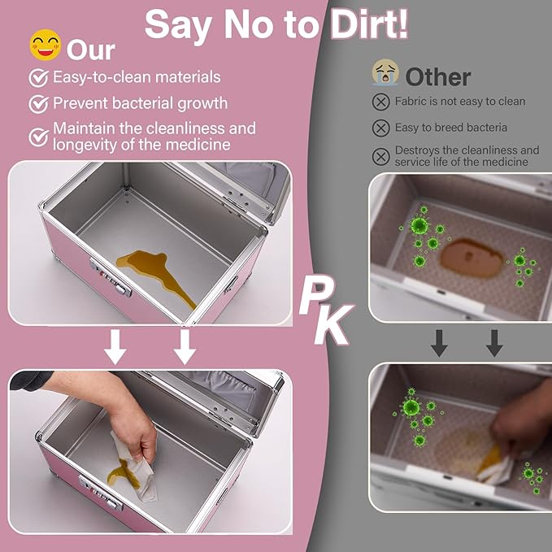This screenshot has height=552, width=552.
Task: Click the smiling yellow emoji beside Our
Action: pyautogui.click(x=46, y=45)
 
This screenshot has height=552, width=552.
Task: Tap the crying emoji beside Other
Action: pyautogui.click(x=385, y=72)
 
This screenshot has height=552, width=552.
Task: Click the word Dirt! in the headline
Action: pyautogui.click(x=369, y=24)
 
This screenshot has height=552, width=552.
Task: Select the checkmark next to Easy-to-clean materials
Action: pyautogui.click(x=39, y=77)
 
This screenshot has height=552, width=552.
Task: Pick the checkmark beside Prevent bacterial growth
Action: pyautogui.click(x=39, y=103)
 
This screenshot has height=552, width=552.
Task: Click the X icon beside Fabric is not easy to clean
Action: pyautogui.click(x=381, y=102)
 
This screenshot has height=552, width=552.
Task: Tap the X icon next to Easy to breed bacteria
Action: pyautogui.click(x=381, y=128)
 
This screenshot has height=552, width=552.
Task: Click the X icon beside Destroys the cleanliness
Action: pyautogui.click(x=381, y=157)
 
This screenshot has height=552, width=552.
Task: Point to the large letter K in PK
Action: pyautogui.click(x=333, y=324)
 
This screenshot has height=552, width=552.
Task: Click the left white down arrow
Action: pyautogui.click(x=115, y=347)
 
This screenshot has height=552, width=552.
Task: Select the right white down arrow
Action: pyautogui.click(x=185, y=347)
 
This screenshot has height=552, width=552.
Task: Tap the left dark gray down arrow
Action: pyautogui.click(x=439, y=343)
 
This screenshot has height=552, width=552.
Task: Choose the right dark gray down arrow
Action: pyautogui.click(x=494, y=343)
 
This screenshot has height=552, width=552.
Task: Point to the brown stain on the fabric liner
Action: pyautogui.click(x=472, y=258)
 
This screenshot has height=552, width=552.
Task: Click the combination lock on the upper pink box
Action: pyautogui.click(x=111, y=277)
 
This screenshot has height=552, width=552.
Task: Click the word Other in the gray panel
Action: pyautogui.click(x=438, y=76)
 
